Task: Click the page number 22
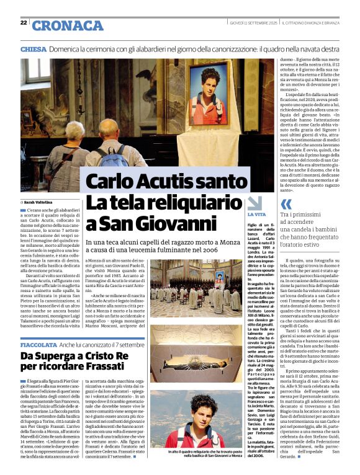click(23, 23)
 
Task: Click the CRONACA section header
click(59, 25)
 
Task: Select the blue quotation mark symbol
click(286, 204)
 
